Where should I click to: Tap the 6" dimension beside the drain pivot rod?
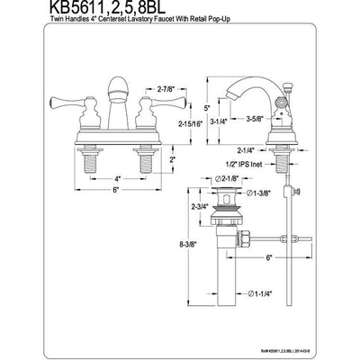(269, 256)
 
